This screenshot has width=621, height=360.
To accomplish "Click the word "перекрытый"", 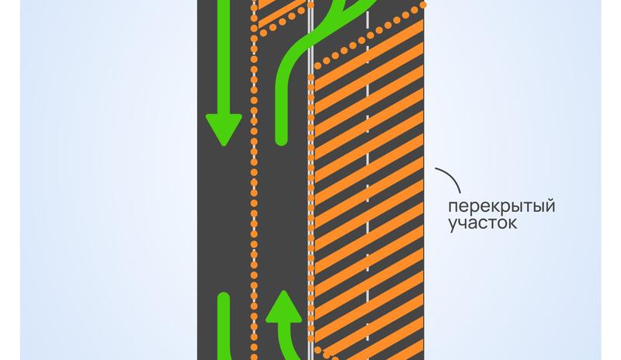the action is [x=501, y=206].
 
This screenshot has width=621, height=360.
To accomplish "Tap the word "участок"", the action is [x=482, y=223].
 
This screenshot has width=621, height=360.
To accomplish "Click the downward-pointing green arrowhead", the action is [x=224, y=130].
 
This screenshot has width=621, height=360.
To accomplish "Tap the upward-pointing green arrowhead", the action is [x=283, y=306].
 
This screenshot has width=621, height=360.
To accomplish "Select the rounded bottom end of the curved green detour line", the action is [x=281, y=139].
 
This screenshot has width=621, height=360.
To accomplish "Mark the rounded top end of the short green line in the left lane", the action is [x=224, y=298].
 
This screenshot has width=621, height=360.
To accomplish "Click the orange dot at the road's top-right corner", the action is [x=423, y=5].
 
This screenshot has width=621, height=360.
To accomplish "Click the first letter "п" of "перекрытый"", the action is [x=453, y=207].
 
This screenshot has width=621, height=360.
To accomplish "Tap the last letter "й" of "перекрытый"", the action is [x=550, y=206].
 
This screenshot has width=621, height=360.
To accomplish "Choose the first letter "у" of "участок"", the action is [x=453, y=224].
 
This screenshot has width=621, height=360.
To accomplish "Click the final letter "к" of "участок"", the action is [x=512, y=223].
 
